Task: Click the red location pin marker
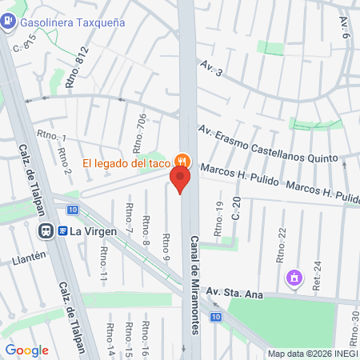click(180, 179)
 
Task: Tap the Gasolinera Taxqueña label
click(73, 22)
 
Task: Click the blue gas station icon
click(8, 22)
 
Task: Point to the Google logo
click(26, 350)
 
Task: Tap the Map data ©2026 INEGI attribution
click(311, 354)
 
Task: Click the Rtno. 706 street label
click(142, 130)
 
